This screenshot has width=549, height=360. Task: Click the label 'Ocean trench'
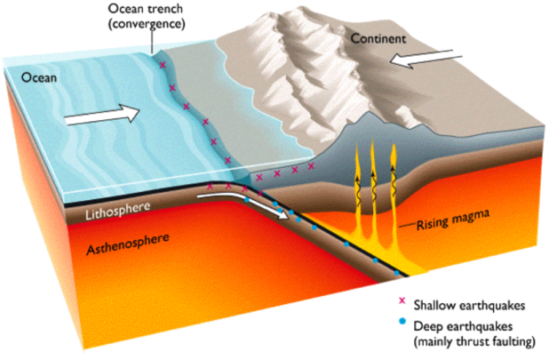tap(146, 8)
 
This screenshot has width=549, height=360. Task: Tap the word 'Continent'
tap(378, 38)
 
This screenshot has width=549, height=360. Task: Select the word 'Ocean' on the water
tap(39, 77)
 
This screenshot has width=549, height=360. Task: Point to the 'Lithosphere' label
tap(117, 211)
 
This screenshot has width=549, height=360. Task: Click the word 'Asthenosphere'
tap(128, 244)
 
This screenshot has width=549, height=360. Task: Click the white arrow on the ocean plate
tap(102, 114)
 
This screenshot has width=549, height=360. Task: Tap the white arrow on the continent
tap(426, 58)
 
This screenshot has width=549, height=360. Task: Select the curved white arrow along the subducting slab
tap(245, 204)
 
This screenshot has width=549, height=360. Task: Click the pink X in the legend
tap(402, 300)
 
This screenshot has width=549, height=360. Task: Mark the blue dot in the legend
tap(402, 320)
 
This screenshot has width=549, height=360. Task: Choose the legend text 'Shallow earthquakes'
tap(469, 306)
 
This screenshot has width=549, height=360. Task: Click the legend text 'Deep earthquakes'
tap(463, 326)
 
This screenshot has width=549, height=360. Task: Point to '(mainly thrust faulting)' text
tap(474, 341)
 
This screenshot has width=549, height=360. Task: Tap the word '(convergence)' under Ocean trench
tap(147, 24)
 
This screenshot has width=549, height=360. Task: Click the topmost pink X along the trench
tap(162, 65)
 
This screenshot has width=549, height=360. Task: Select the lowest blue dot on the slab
tap(397, 273)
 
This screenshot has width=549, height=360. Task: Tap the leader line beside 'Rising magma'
tap(407, 225)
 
